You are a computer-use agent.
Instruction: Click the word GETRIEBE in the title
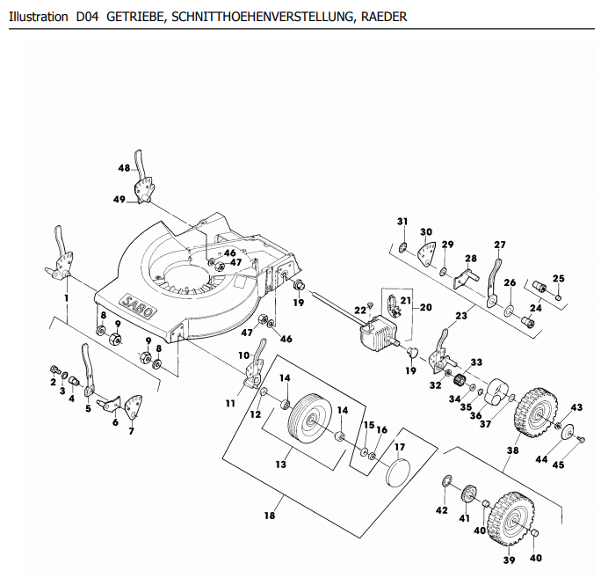pos(135,17)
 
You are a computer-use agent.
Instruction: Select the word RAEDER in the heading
pos(384,17)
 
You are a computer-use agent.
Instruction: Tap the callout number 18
pos(270,516)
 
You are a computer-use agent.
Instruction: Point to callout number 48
pos(124,168)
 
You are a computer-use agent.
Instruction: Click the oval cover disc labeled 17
pos(397,472)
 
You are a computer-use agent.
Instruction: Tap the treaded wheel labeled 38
pos(535,413)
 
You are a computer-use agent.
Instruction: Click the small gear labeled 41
pos(468,494)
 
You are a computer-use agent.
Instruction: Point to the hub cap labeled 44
pos(567,432)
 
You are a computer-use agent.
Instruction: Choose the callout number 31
pos(402,222)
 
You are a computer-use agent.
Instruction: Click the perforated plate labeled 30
pos(428,253)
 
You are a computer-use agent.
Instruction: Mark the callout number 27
pos(500,245)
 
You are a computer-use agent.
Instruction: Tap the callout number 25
pos(559,278)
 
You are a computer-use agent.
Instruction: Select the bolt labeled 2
pos(55,369)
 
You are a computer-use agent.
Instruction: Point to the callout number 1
pos(66,298)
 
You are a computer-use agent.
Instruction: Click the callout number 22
pos(360,310)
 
